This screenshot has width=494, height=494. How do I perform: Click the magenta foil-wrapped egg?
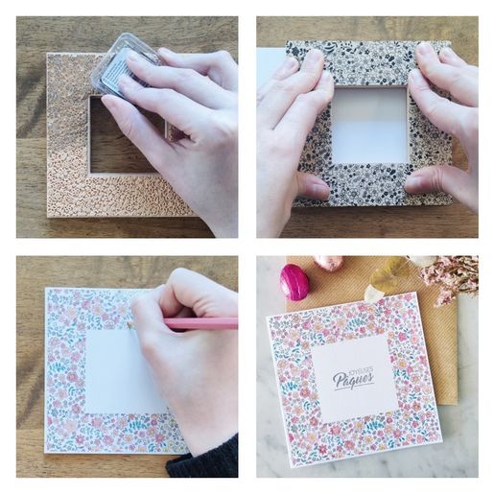tap(294, 282)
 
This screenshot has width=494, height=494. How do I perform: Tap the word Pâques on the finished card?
tap(353, 379)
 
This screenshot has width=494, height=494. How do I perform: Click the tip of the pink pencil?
tap(128, 324)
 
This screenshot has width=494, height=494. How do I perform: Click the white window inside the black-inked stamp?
tap(369, 126)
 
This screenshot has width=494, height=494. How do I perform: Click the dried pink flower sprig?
tap(449, 276)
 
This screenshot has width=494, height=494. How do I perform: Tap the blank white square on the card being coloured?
tap(123, 371)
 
